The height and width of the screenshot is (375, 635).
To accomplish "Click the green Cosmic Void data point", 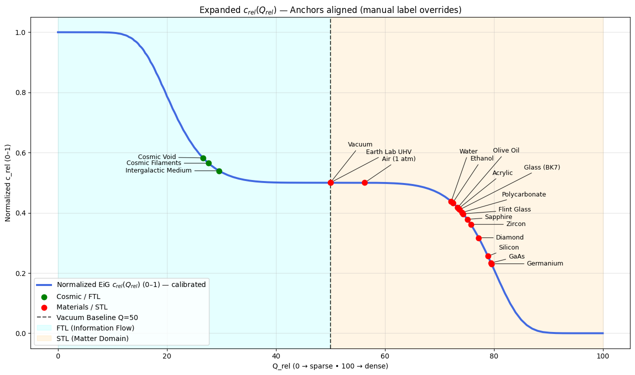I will [203, 158].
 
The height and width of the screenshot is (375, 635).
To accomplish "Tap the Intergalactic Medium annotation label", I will [158, 170].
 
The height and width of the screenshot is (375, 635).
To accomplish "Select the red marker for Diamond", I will [478, 238].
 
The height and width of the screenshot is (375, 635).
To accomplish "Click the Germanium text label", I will [544, 263].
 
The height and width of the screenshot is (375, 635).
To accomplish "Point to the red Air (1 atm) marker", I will [364, 182].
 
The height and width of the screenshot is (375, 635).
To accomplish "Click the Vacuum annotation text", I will [360, 145].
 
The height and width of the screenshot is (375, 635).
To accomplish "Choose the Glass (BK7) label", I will [541, 167].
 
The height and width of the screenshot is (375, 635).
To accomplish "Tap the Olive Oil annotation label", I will [506, 150].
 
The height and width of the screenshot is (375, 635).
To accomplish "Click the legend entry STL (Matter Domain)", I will [92, 338].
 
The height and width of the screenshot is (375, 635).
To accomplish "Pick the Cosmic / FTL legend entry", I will [78, 296].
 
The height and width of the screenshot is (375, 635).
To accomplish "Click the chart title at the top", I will [330, 10].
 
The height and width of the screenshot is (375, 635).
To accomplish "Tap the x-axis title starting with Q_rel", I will [330, 366].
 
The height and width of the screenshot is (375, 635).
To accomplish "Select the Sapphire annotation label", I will [498, 217].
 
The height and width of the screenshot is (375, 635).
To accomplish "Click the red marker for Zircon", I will [471, 224].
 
